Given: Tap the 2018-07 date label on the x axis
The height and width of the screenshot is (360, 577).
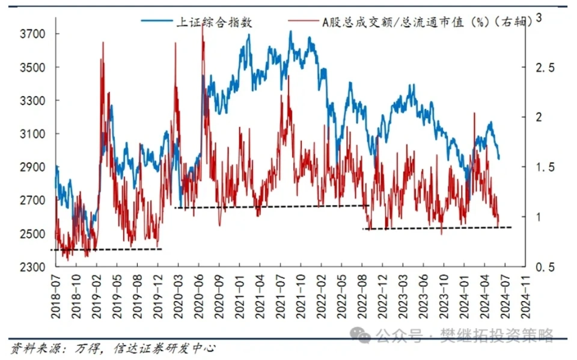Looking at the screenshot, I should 56,291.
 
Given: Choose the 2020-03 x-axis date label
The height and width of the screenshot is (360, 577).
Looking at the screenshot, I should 179,291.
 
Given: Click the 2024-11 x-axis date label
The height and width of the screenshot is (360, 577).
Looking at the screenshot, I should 526,291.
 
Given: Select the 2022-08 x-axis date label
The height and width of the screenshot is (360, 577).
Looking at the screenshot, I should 363,291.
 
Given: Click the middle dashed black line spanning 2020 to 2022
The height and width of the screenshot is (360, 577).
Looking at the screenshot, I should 270,207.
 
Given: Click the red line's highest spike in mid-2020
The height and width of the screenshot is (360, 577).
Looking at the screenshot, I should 202,29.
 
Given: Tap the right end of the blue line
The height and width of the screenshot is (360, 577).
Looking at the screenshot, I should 499,158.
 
